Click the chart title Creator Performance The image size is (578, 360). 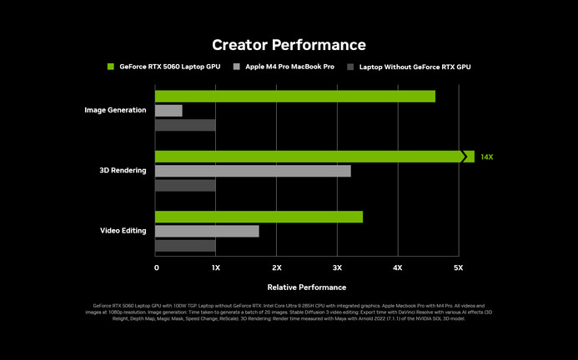point(289,44)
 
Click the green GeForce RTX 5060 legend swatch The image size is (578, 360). point(110,66)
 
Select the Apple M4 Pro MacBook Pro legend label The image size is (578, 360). point(289,66)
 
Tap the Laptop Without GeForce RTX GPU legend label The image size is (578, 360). point(415,66)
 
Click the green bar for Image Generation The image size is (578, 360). point(295,96)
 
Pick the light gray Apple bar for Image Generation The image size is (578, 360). point(168,110)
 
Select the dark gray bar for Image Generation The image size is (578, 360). point(185,125)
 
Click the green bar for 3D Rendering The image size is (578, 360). point(309,157)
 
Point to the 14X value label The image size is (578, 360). point(487,157)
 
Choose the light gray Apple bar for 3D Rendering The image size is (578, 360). point(253,171)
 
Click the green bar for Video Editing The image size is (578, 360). point(259,217)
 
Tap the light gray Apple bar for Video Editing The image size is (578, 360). point(207,231)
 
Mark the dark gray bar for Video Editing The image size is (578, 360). point(185,246)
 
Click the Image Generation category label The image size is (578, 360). point(115,110)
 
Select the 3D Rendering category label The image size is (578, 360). point(123,171)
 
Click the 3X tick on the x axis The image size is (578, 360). point(337,267)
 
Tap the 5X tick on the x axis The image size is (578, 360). point(458,267)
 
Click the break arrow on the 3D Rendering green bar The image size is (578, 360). point(465,157)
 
